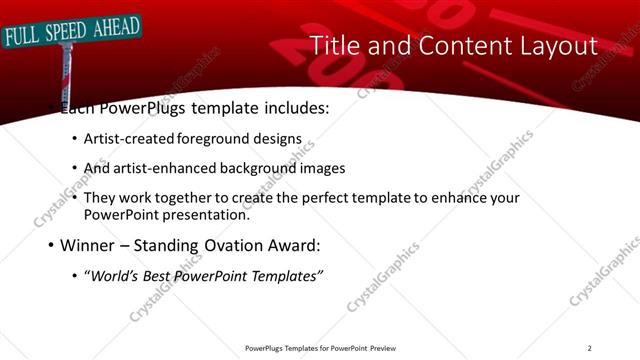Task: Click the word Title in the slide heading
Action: [333, 45]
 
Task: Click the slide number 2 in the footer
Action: [589, 348]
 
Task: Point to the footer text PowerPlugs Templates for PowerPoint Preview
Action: [320, 348]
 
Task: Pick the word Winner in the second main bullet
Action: [87, 244]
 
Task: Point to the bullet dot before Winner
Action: [51, 245]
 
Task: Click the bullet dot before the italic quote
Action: [76, 276]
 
